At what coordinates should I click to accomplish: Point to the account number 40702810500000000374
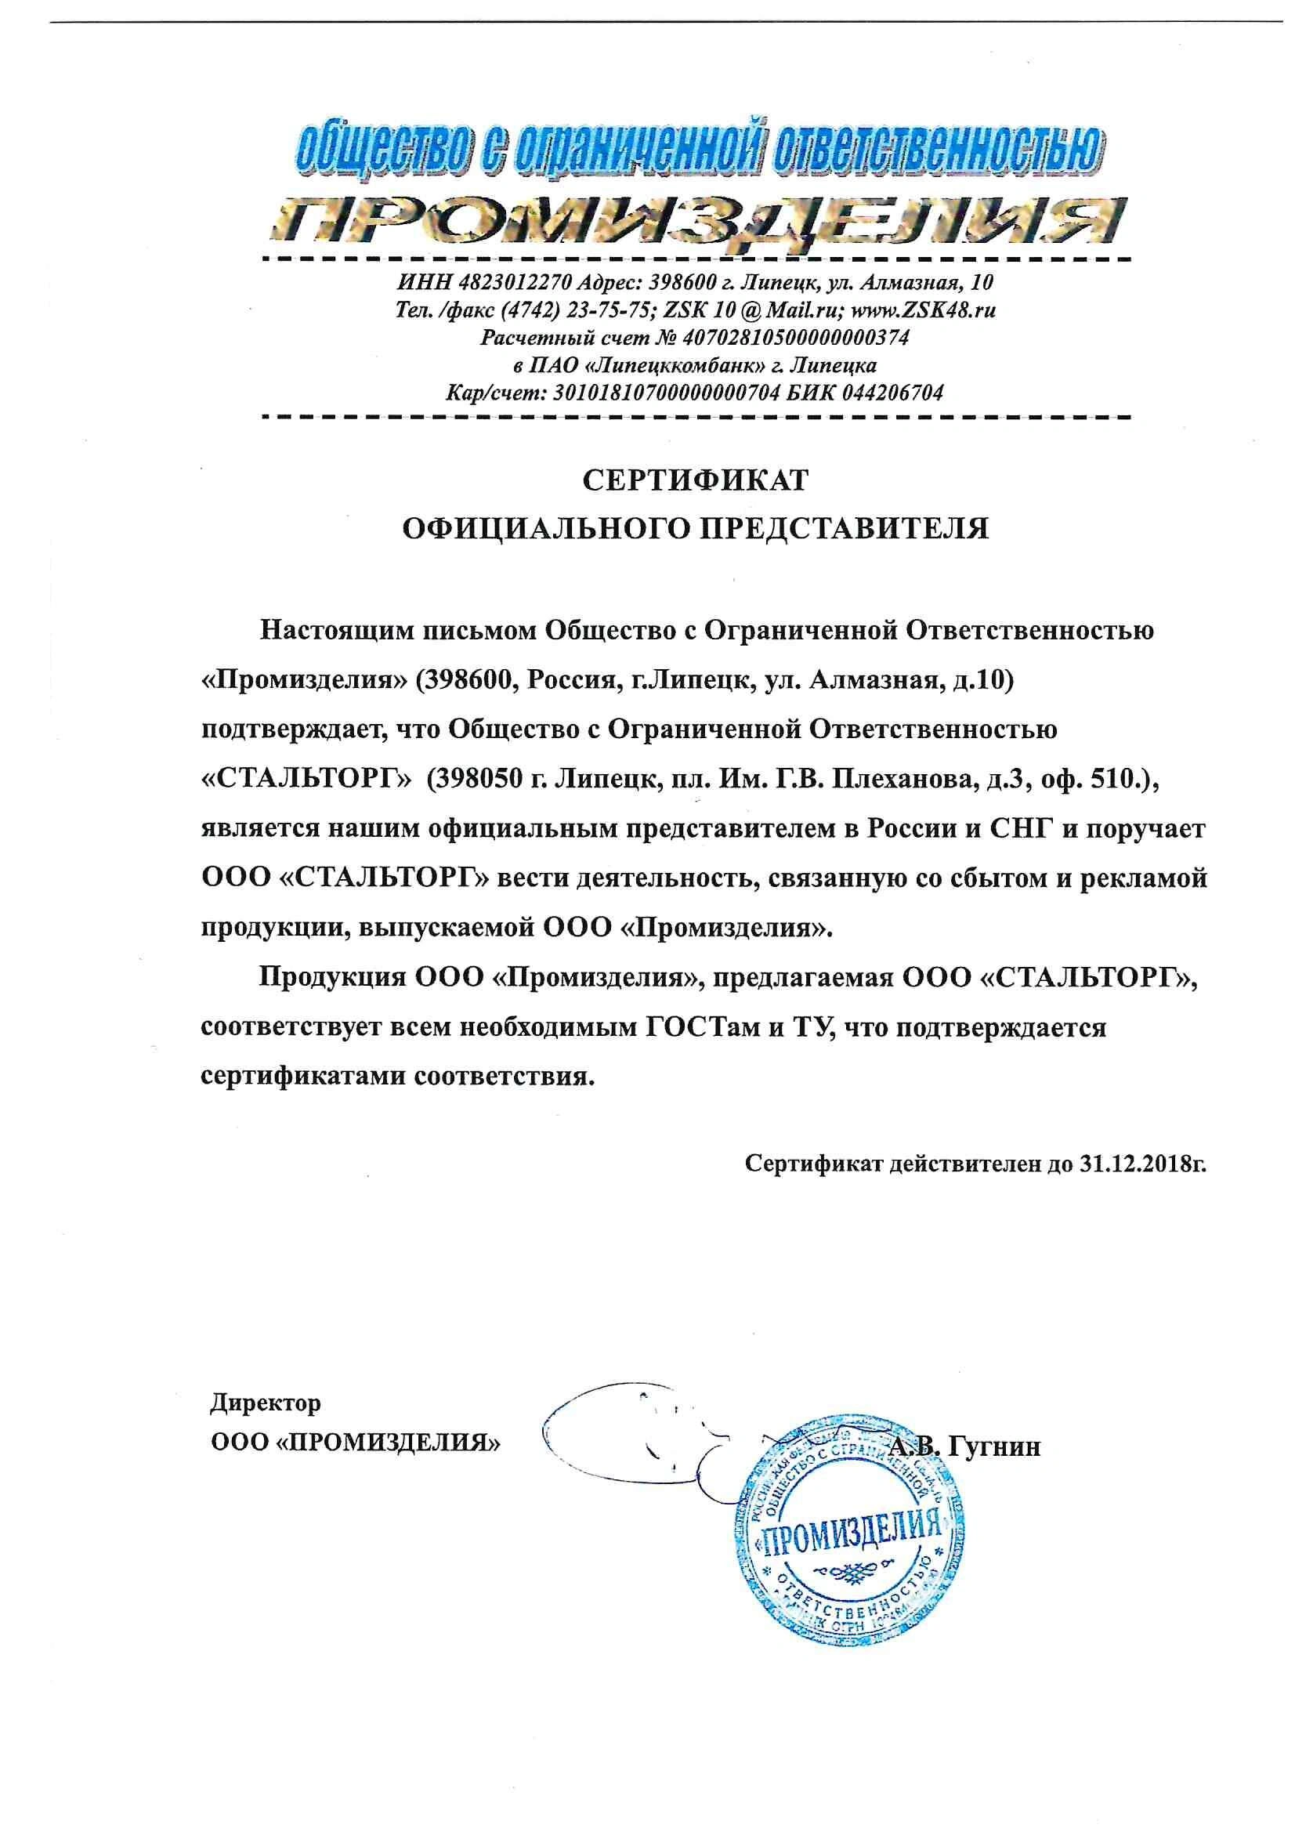[793, 338]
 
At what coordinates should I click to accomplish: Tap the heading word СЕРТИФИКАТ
[695, 481]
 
